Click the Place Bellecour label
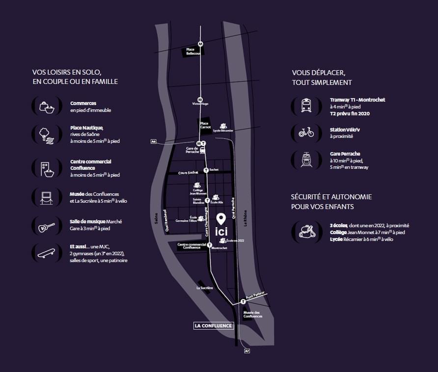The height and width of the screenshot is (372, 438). click(193, 52)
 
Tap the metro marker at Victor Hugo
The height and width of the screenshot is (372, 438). click(200, 99)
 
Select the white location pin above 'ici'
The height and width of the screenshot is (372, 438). click(221, 218)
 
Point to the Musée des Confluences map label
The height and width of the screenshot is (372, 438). click(253, 314)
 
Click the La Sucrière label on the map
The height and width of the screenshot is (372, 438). click(204, 288)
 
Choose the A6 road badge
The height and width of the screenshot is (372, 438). click(154, 141)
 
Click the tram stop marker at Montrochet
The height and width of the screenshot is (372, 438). click(210, 244)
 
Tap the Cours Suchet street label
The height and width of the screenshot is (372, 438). click(189, 172)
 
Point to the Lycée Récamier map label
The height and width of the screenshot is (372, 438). click(223, 131)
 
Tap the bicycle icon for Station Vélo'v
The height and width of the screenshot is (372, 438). click(306, 132)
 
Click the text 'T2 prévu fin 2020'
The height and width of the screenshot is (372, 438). click(350, 113)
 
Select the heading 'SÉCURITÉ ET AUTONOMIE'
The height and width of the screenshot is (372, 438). click(331, 197)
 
